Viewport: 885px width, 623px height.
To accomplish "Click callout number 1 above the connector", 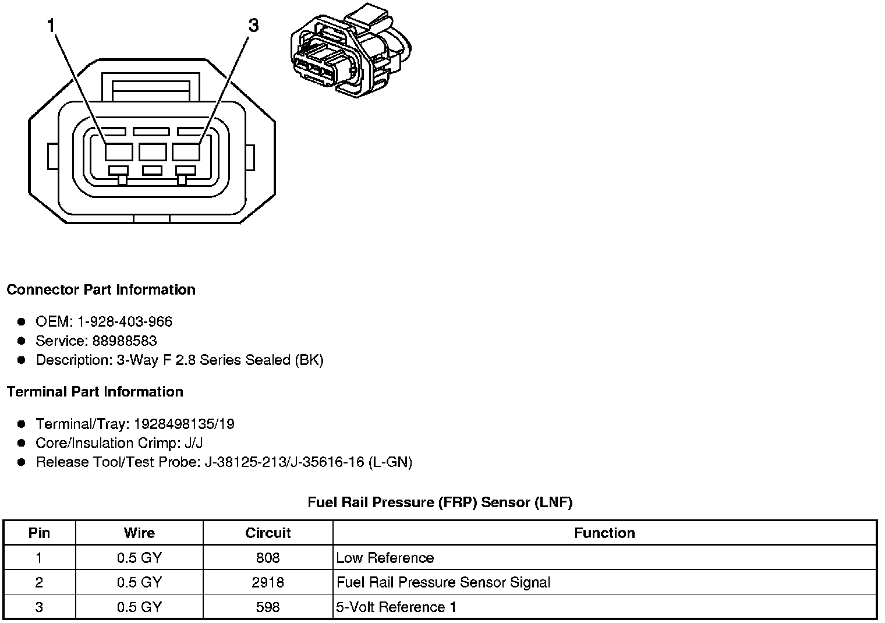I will (51, 25).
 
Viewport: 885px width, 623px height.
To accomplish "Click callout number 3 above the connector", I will (253, 25).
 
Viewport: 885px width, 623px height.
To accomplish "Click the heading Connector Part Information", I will (101, 290).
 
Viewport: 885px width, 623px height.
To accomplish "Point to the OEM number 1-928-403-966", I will (125, 321).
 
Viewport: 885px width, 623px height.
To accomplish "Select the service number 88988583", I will (125, 341).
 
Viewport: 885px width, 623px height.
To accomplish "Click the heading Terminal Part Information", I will (95, 392).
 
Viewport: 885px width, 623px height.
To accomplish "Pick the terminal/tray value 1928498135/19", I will (184, 424).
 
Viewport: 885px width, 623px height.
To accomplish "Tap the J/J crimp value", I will (193, 443).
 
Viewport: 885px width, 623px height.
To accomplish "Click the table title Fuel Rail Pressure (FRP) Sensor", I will (440, 502).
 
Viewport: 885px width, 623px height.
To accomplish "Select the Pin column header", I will (39, 533).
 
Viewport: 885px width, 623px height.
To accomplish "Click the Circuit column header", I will (268, 533).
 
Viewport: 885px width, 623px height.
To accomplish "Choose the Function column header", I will (604, 533).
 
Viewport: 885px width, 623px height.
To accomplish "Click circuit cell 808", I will (268, 558).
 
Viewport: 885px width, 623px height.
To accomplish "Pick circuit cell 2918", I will (268, 582).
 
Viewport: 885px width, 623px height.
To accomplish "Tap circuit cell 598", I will (268, 607).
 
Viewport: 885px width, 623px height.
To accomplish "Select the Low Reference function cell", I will (385, 558).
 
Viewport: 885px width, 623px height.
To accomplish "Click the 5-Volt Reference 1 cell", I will (397, 607).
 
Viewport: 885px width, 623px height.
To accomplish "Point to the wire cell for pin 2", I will (139, 582).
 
